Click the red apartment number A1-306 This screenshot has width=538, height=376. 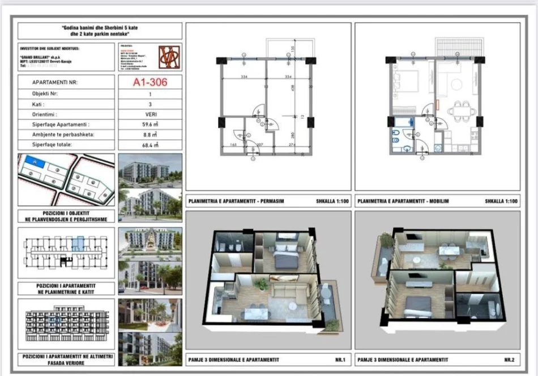point(150,82)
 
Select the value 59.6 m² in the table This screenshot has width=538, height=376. point(150,124)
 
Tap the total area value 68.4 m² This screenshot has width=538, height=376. point(150,145)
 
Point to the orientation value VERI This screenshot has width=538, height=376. point(150,114)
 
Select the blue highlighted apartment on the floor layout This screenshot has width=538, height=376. point(78,244)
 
